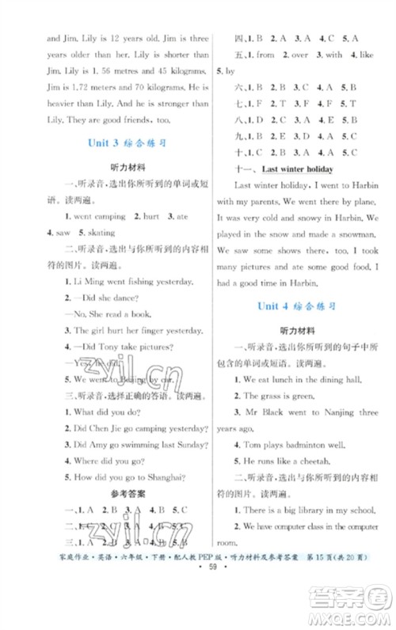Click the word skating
pyautogui.click(x=96, y=233)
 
